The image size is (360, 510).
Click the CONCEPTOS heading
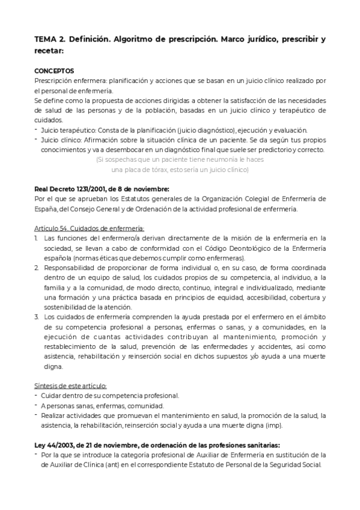pos(55,70)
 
